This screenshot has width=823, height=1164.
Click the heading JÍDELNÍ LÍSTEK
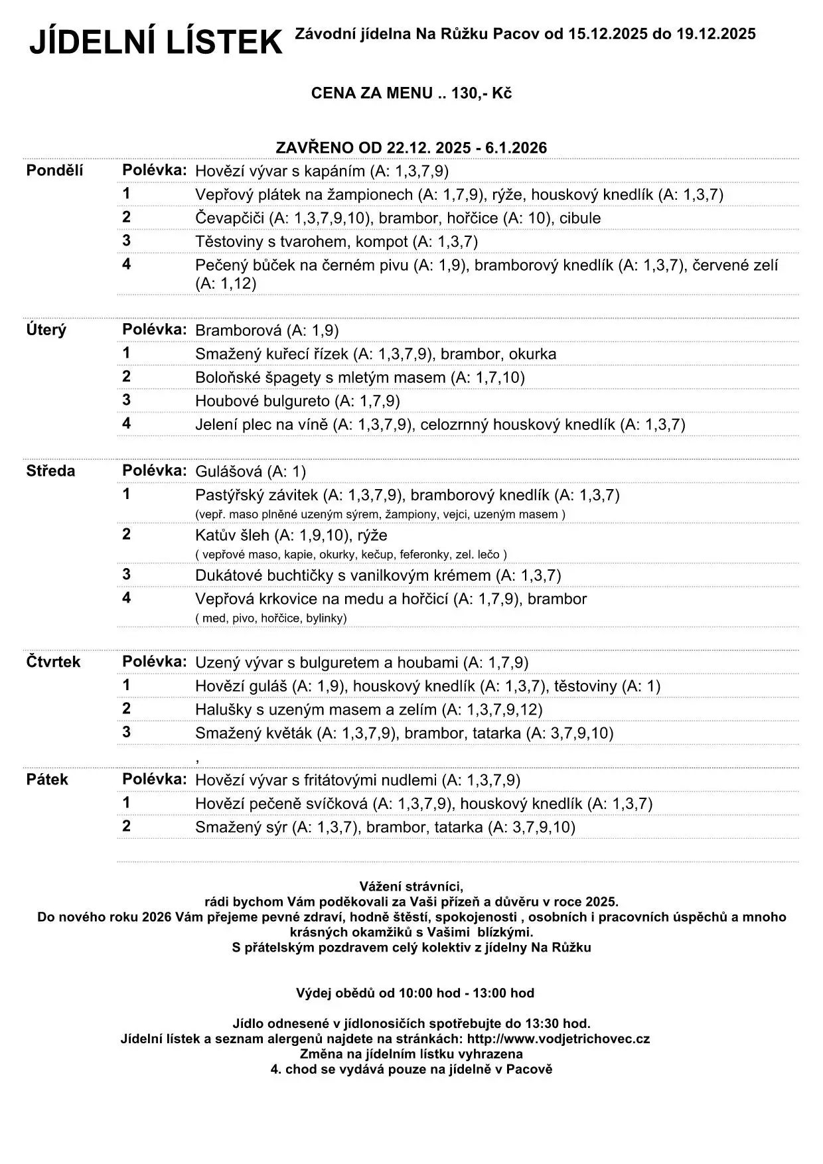click(156, 43)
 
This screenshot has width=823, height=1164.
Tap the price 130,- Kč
click(481, 94)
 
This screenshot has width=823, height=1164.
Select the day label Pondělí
click(54, 171)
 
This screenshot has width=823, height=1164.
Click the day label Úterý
click(46, 330)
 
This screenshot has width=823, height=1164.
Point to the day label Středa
click(50, 471)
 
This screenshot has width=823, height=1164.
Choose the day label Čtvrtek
click(53, 662)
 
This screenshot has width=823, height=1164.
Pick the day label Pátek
click(47, 779)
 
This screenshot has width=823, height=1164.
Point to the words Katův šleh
click(232, 536)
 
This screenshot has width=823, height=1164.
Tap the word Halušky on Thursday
click(221, 709)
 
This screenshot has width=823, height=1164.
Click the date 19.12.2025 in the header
click(716, 34)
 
